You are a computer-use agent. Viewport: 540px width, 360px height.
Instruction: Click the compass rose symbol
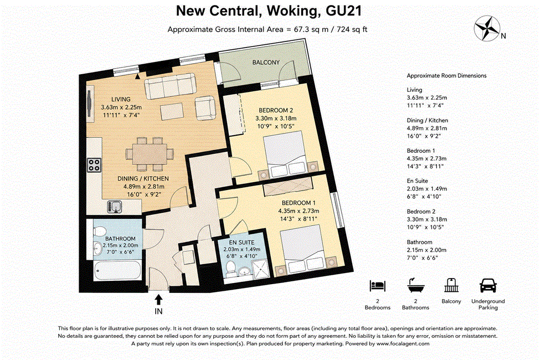[x=487, y=28]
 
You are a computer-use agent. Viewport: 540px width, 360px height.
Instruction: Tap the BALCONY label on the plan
[x=266, y=63]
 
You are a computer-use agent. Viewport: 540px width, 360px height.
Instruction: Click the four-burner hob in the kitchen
[x=94, y=165]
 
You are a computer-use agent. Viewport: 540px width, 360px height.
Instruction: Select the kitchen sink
[x=115, y=207]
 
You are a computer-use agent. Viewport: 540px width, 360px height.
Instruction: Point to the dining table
[x=150, y=154]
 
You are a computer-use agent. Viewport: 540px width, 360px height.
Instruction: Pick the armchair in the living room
[x=205, y=108]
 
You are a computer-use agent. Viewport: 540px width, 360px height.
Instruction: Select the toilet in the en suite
[x=230, y=268]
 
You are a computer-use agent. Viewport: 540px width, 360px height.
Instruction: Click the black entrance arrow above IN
[x=158, y=300]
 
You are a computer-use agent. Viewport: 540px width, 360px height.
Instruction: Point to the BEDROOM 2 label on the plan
[x=276, y=110]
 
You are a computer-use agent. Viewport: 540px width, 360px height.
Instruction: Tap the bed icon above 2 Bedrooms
[x=378, y=286]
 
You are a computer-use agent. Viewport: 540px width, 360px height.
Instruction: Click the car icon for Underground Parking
[x=488, y=285]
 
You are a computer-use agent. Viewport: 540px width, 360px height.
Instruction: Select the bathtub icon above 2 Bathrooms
[x=416, y=285]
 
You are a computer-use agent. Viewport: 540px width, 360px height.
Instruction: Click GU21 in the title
[x=344, y=11]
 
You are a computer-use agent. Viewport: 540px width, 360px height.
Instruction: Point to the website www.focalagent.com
[x=403, y=343]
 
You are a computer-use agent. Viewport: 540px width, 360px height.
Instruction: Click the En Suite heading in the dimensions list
[x=418, y=181]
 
